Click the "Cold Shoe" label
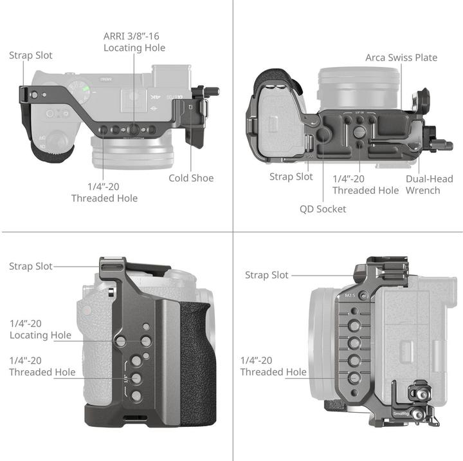pos(191,178)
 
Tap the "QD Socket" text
pos(323,209)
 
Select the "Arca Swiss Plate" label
pos(401,57)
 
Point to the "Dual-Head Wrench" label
pos(422,185)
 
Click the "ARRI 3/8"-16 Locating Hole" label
pos(134,42)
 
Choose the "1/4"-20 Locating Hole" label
pos(41,329)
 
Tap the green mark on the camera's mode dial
pos(84,87)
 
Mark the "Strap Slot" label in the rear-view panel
pos(267,275)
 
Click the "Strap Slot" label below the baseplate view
pos(291,176)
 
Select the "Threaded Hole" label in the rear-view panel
pos(273,366)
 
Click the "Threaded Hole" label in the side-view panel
pos(42,366)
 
